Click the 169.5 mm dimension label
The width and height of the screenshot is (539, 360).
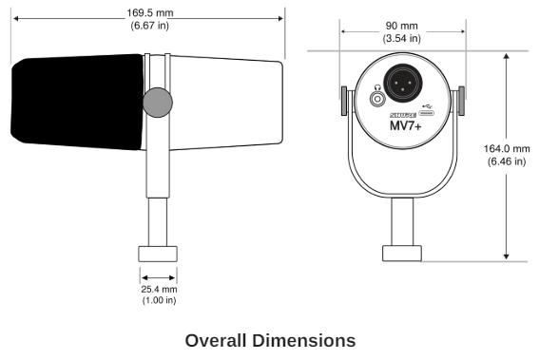pos(150,13)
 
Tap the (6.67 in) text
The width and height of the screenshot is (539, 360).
pos(150,26)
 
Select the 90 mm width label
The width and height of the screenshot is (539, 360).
pos(401,26)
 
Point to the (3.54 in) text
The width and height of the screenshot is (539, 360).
pos(401,38)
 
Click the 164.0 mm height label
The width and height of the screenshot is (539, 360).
pos(507,149)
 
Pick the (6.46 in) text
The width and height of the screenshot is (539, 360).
pos(507,161)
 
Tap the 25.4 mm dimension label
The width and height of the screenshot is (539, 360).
pos(159,290)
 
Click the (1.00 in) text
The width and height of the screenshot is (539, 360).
pos(159,300)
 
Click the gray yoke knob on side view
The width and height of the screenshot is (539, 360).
pos(158,103)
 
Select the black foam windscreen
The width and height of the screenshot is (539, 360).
pos(77,102)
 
